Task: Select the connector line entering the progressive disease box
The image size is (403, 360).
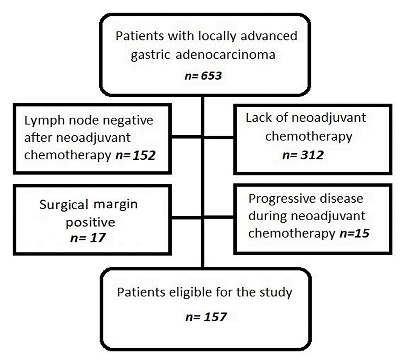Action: pyautogui.click(x=219, y=218)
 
